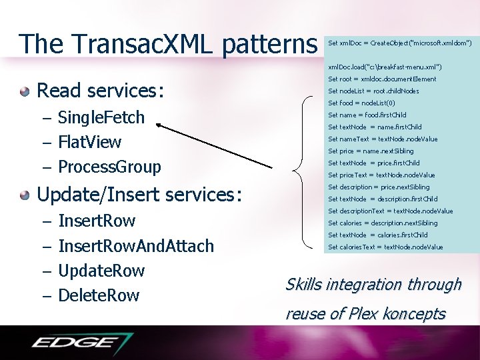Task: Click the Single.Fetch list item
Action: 101,117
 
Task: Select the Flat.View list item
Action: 90,142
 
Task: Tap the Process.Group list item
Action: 109,167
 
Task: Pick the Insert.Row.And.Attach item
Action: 136,246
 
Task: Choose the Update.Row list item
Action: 101,271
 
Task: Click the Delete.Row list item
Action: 99,295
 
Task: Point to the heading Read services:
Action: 99,90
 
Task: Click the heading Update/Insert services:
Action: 139,195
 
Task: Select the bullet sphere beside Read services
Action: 25,90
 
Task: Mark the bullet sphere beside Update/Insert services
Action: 25,195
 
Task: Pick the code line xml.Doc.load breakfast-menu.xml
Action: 385,67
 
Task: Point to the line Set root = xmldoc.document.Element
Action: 382,79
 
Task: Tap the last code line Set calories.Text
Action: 385,247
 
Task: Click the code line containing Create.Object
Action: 400,43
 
